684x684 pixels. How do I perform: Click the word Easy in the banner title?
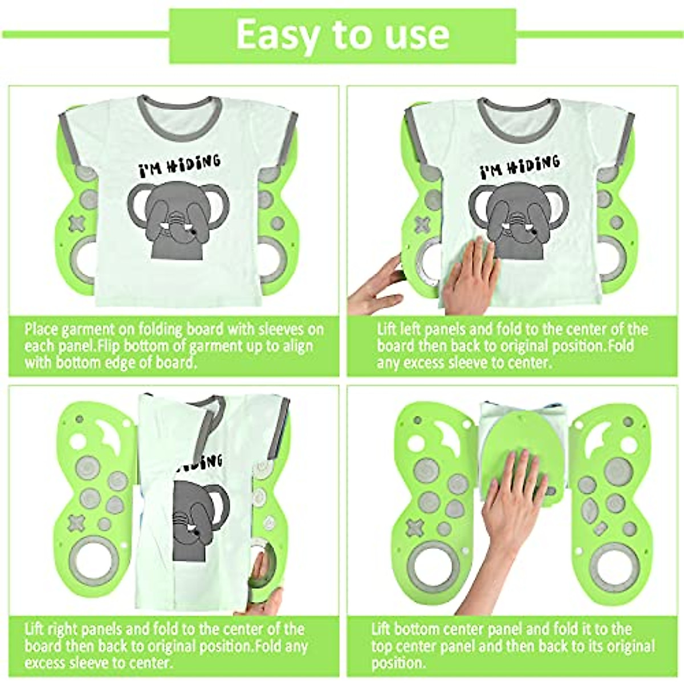coord(278,35)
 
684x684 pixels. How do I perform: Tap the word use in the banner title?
coord(417,35)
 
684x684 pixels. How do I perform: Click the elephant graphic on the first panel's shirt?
coord(177,219)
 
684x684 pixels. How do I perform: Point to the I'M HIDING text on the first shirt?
coord(179,165)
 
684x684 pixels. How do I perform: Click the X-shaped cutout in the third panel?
coord(76,522)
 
